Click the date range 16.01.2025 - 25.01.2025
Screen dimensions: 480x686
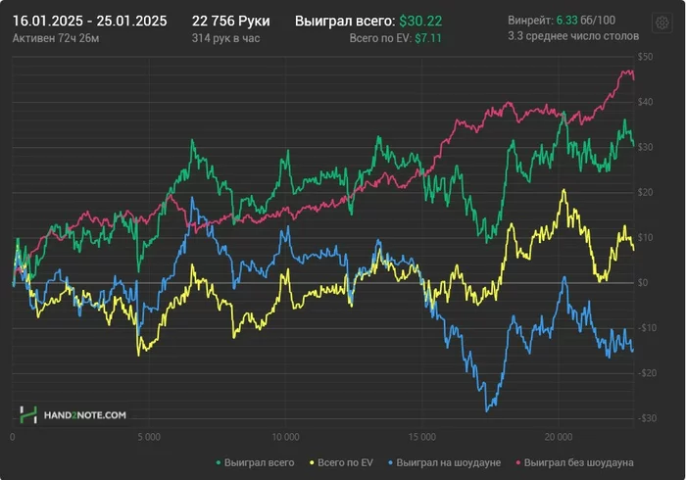[89, 21]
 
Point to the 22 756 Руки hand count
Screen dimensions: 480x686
[230, 21]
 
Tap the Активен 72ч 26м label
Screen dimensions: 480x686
[56, 37]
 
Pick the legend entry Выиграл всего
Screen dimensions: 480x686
[255, 461]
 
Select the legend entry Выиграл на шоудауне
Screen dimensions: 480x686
[449, 461]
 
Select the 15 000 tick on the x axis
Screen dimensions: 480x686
[421, 437]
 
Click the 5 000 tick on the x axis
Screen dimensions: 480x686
[149, 437]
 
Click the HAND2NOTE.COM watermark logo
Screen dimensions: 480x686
[73, 415]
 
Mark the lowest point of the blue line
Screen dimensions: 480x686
[487, 410]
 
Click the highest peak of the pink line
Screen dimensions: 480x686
[627, 71]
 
